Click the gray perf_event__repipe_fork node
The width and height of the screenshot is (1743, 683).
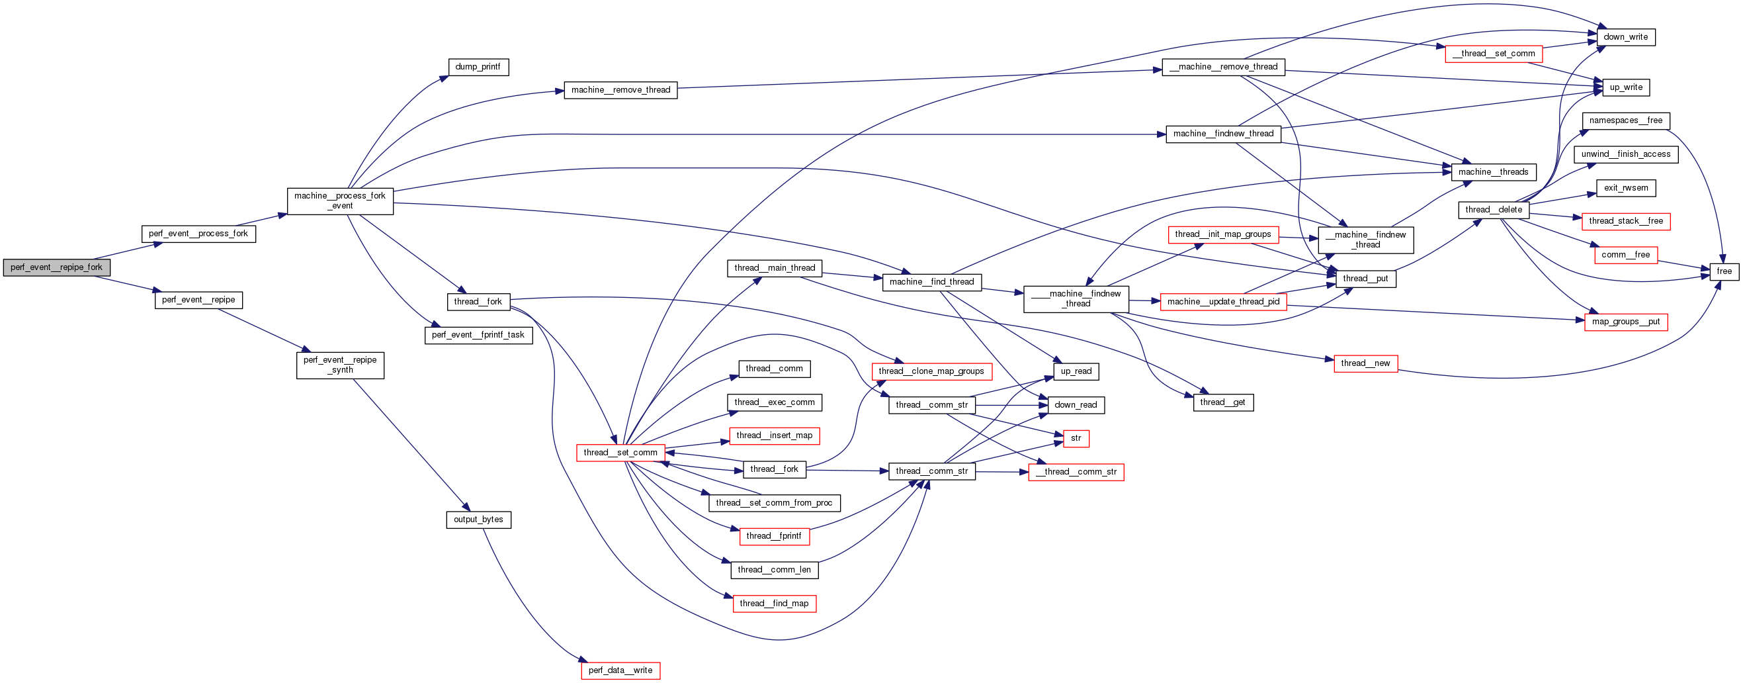(x=56, y=267)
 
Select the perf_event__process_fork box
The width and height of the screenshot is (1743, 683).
(x=198, y=234)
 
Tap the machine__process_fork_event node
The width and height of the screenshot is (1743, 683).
(x=339, y=201)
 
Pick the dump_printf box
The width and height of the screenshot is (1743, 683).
(x=478, y=67)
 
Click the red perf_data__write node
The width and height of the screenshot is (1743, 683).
(x=620, y=670)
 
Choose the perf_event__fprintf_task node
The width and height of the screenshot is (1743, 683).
(x=478, y=335)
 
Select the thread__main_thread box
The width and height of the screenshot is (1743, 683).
(x=774, y=268)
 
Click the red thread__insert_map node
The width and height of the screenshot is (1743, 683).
(x=774, y=435)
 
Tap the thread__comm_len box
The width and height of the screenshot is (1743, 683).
(x=774, y=570)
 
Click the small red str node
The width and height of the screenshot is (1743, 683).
(x=1075, y=438)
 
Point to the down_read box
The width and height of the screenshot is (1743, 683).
(x=1075, y=405)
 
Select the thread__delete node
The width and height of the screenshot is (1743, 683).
(x=1494, y=210)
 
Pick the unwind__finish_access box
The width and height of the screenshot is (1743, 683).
(x=1625, y=154)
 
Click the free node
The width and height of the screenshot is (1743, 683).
(x=1723, y=271)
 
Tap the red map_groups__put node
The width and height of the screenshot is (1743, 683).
(x=1625, y=322)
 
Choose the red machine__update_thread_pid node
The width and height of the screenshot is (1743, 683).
(x=1222, y=302)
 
